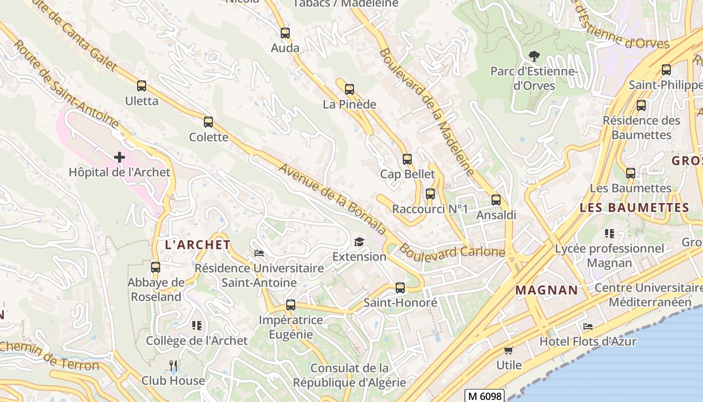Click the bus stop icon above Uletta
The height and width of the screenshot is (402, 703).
point(142,86)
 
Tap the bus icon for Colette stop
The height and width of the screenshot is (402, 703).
point(208,122)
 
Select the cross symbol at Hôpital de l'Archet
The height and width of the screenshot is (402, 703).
point(120,158)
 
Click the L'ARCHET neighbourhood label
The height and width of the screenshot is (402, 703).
point(198,245)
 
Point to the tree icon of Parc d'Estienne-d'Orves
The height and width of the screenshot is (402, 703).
point(534,56)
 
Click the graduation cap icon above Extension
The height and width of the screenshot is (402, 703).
point(359,242)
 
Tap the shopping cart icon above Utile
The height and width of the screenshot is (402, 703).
point(509,350)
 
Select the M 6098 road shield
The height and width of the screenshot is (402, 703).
point(484,396)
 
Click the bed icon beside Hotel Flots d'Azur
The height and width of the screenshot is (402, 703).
point(588,327)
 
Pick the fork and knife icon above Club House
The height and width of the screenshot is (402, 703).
point(173,366)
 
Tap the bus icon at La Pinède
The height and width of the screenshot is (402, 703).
point(349,90)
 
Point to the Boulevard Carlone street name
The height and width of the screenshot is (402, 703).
point(452,251)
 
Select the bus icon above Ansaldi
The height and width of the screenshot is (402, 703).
point(496,200)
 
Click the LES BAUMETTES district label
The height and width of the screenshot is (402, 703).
point(634,208)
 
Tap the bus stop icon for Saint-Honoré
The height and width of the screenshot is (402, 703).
point(400,288)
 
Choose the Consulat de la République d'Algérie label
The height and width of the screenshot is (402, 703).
point(349,375)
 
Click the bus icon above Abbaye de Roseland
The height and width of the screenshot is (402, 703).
point(156,267)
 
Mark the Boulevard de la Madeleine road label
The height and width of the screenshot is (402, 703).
point(427,112)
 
